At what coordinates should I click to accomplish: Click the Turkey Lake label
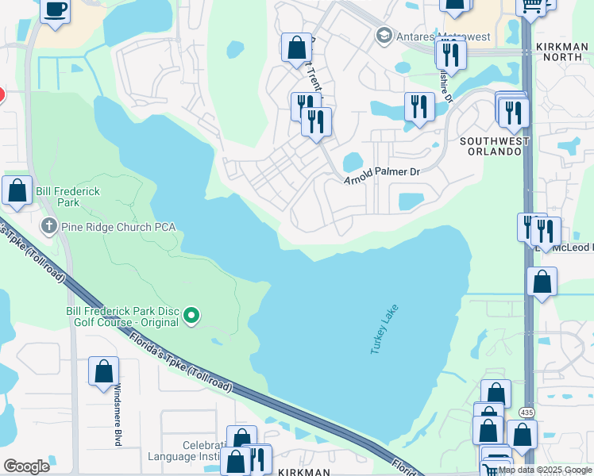[383, 330]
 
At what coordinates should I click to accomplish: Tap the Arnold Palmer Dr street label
[381, 175]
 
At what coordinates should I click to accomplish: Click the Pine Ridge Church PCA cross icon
[49, 227]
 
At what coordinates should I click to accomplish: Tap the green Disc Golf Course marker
[191, 317]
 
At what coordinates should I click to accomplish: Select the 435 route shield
[527, 413]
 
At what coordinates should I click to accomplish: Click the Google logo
[26, 466]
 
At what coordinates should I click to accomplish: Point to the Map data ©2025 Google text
[545, 470]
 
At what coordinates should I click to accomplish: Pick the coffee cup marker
[54, 10]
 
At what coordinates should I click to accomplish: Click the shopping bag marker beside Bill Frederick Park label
[17, 191]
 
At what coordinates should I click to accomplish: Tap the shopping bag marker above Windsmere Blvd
[103, 371]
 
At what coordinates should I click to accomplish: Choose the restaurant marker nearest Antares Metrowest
[450, 54]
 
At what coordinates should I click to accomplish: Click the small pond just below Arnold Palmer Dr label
[411, 202]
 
